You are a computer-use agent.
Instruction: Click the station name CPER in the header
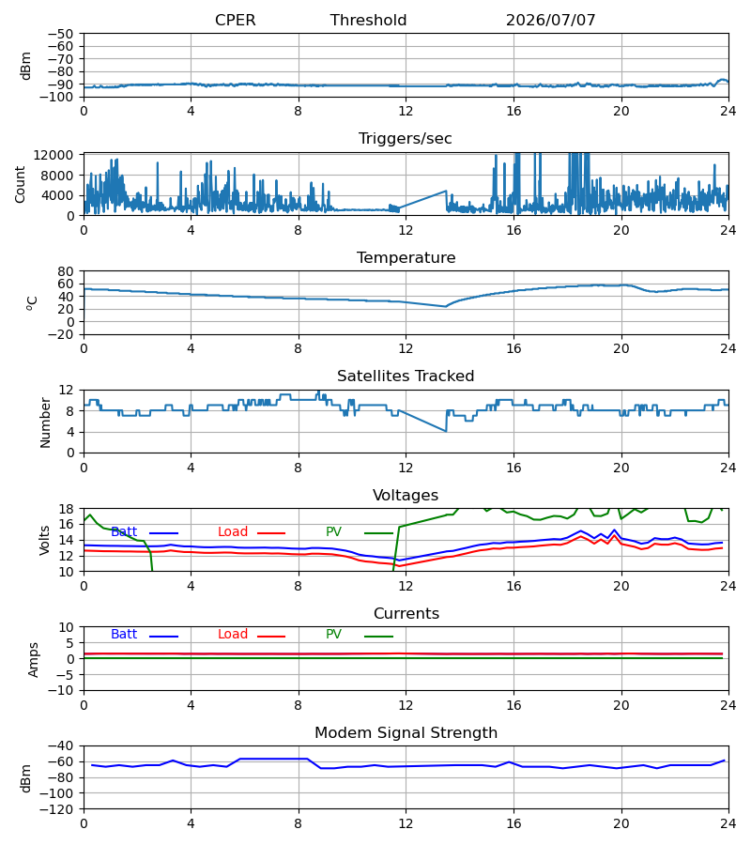[x=235, y=20]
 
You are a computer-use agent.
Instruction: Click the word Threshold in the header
[x=368, y=20]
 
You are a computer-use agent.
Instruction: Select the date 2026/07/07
[x=551, y=20]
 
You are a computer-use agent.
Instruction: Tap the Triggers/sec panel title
[x=406, y=139]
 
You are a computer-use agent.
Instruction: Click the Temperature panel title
[x=406, y=257]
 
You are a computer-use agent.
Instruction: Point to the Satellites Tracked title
[x=406, y=376]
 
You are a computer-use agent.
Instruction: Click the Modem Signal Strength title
[x=406, y=733]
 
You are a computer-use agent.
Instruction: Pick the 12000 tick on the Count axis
[x=54, y=155]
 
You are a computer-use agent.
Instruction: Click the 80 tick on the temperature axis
[x=66, y=271]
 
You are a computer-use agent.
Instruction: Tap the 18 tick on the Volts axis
[x=66, y=509]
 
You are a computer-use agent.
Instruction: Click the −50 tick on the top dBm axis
[x=61, y=34]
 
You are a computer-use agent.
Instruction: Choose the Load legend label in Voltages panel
[x=232, y=532]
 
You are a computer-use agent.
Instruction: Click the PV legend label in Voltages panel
[x=333, y=532]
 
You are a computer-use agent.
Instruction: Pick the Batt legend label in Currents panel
[x=124, y=635]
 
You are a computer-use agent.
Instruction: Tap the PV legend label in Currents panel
[x=333, y=635]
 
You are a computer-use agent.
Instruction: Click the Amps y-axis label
[x=34, y=659]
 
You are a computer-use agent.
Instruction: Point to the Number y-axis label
[x=45, y=422]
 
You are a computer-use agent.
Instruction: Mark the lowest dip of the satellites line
[x=446, y=431]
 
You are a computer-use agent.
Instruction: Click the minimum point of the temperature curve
[x=446, y=307]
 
